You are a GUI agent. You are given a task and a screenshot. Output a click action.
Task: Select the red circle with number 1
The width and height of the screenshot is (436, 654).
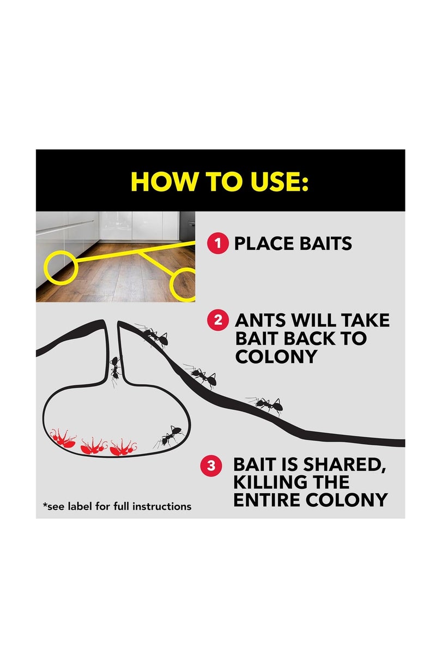(218, 243)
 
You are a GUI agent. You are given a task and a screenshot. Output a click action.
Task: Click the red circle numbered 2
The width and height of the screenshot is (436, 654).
(218, 320)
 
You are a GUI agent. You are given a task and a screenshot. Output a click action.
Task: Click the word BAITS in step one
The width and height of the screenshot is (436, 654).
(327, 243)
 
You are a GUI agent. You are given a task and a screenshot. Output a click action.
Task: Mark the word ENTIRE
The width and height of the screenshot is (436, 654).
(269, 500)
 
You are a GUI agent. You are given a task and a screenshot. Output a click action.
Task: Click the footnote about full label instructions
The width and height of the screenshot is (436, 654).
(117, 506)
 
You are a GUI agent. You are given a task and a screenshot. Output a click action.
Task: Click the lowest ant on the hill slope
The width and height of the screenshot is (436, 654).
(265, 404)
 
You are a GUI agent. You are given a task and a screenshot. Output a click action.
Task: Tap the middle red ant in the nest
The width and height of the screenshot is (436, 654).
(94, 446)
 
